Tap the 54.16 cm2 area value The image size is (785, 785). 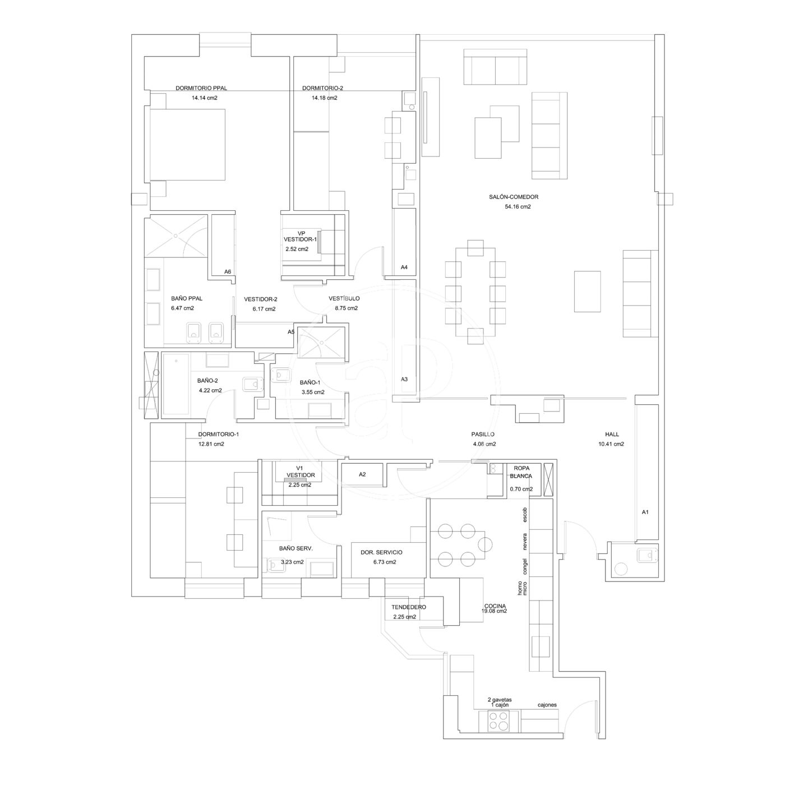pos(518,206)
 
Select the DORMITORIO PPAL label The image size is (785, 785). pos(201,88)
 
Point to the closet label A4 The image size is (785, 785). pos(404,267)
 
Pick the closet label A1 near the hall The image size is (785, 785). pos(645,512)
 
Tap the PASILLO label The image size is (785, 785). pos(483,434)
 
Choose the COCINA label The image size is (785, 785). pos(495,606)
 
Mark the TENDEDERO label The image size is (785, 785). pos(408,607)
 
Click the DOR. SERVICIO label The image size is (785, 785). pos(381,552)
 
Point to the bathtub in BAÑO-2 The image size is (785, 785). pos(176,385)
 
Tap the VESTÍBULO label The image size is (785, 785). pos(344,298)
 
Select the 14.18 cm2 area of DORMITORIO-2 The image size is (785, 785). pos(325,98)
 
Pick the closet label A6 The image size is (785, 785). pos(228,271)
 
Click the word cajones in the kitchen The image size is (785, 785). pos(547,705)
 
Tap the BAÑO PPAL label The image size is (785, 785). pos(187,298)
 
